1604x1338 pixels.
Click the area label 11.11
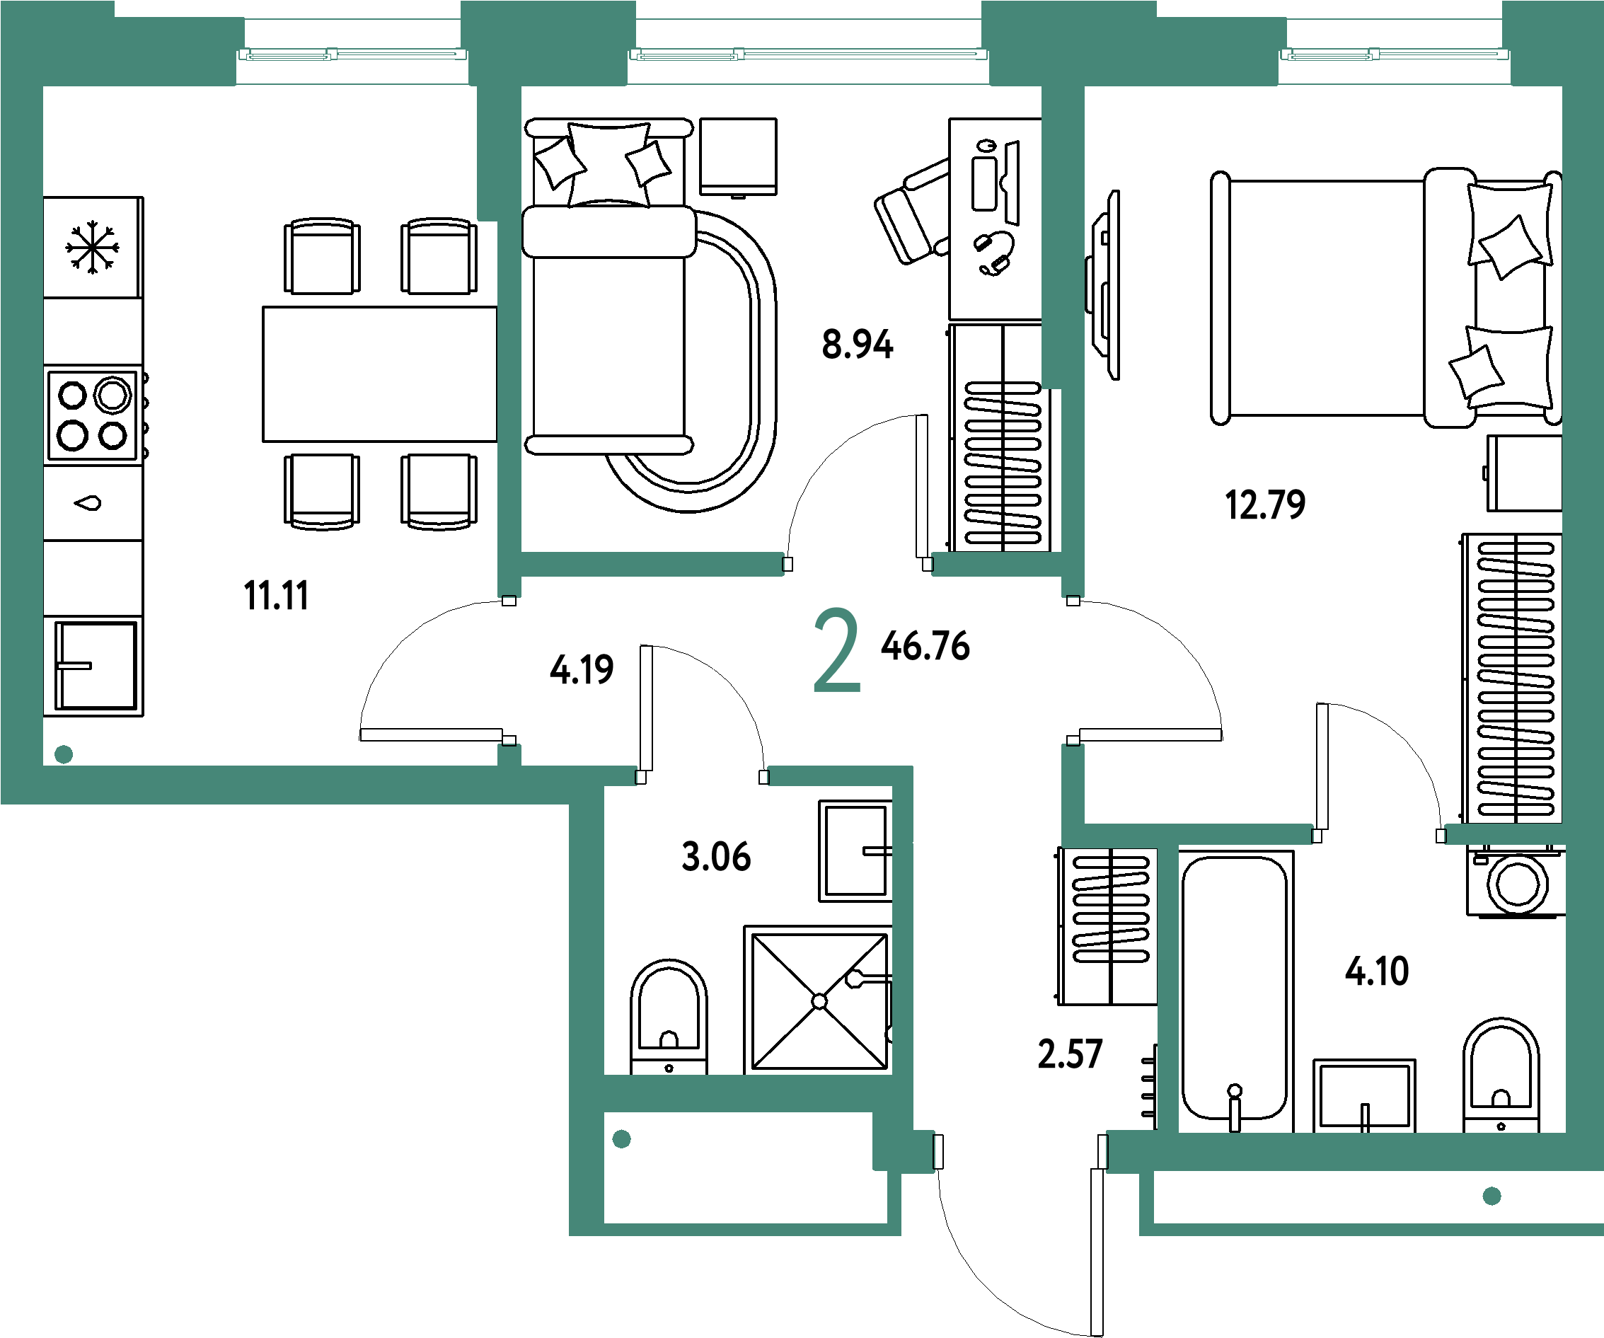pyautogui.click(x=276, y=596)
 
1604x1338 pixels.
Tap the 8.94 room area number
pyautogui.click(x=857, y=345)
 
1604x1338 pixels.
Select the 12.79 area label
pyautogui.click(x=1265, y=504)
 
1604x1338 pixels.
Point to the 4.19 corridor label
pyautogui.click(x=582, y=670)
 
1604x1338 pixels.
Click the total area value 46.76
pyautogui.click(x=925, y=646)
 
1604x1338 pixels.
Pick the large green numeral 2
pyautogui.click(x=836, y=651)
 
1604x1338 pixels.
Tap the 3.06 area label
pyautogui.click(x=716, y=857)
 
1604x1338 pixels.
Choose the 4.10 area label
pyautogui.click(x=1377, y=971)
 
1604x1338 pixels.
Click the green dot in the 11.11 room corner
pyautogui.click(x=64, y=754)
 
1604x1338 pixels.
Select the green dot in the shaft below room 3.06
pyautogui.click(x=622, y=1139)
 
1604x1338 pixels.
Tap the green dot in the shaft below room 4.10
pyautogui.click(x=1492, y=1196)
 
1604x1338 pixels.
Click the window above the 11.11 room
pyautogui.click(x=352, y=54)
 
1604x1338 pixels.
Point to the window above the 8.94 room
pyautogui.click(x=808, y=54)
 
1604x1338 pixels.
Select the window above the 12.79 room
pyautogui.click(x=1395, y=54)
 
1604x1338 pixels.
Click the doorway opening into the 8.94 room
pyautogui.click(x=858, y=565)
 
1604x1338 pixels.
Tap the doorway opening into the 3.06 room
pyautogui.click(x=702, y=777)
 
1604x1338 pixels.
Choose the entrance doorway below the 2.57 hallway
pyautogui.click(x=1020, y=1152)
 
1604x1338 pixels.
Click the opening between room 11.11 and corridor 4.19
pyautogui.click(x=509, y=671)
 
